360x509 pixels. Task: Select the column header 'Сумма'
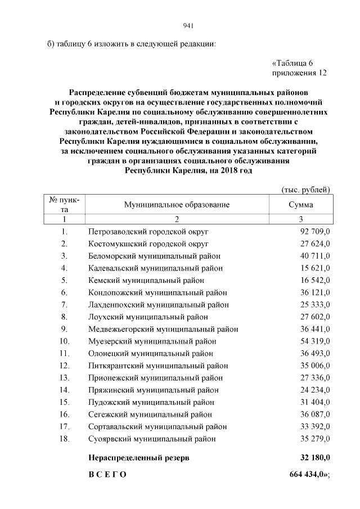pyautogui.click(x=301, y=205)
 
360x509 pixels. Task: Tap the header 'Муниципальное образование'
pyautogui.click(x=177, y=205)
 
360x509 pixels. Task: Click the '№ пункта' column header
pyautogui.click(x=64, y=204)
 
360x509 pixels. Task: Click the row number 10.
pyautogui.click(x=64, y=341)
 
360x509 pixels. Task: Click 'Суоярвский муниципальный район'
pyautogui.click(x=152, y=439)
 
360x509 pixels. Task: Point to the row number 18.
pyautogui.click(x=64, y=439)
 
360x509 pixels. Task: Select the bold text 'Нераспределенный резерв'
pyautogui.click(x=139, y=458)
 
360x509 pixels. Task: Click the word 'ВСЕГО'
pyautogui.click(x=107, y=475)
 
